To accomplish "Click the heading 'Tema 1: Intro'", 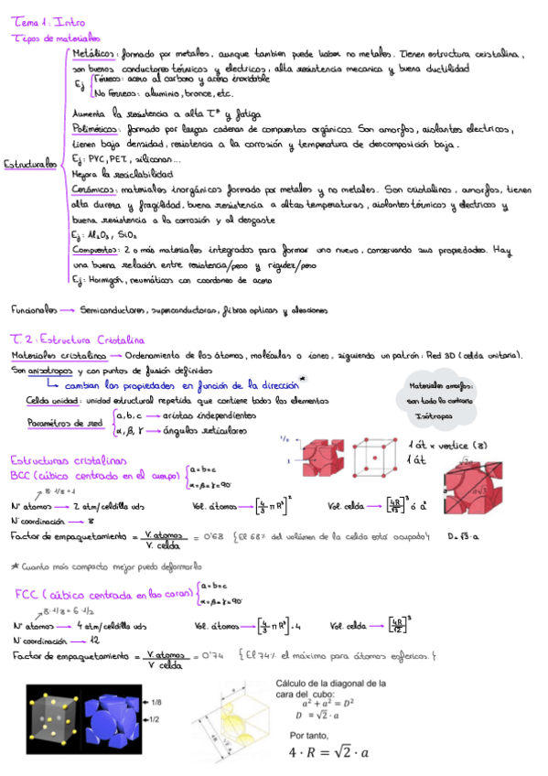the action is pos(40,20).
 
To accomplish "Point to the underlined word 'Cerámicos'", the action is pos(92,188).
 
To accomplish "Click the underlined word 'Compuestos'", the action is pos(94,249).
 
